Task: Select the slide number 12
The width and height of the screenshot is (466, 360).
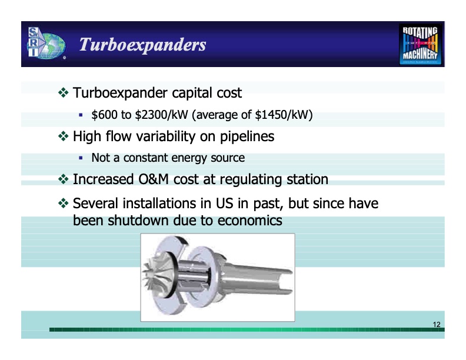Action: click(436, 325)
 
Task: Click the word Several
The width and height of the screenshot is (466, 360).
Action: click(96, 204)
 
